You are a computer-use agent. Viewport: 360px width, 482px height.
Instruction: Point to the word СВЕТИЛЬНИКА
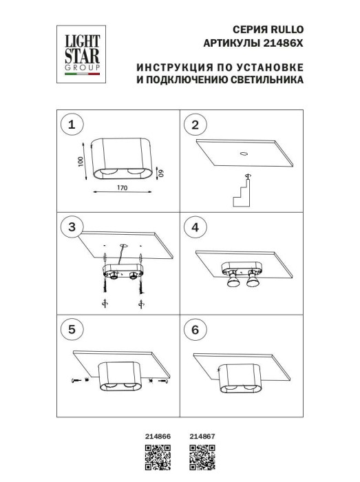pos(265,81)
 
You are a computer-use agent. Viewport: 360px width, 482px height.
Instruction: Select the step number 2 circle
pos(195,125)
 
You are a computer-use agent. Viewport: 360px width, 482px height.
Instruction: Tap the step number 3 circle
pos(70,227)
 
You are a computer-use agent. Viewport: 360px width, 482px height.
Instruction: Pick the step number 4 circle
pos(195,227)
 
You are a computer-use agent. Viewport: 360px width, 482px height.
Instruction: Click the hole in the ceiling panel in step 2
pos(244,154)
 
